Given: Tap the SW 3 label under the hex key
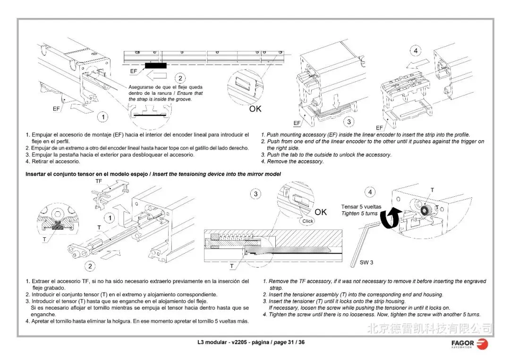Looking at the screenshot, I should click(366, 262).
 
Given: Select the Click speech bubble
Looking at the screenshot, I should click(308, 221).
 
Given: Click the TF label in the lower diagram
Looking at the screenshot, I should click(99, 181).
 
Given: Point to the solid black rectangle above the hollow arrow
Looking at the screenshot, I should click(155, 66).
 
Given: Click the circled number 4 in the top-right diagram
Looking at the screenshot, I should click(416, 50).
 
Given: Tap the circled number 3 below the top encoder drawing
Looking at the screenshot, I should click(349, 122).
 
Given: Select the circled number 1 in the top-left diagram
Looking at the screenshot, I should click(102, 117).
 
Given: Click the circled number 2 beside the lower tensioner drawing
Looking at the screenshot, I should click(90, 266).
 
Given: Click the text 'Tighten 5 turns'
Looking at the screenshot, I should click(359, 214).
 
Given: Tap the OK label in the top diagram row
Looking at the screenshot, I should click(255, 109).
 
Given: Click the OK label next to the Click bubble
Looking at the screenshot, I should click(321, 212).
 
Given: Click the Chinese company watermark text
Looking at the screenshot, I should click(429, 327).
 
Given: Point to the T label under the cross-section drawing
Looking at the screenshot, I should click(231, 266).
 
